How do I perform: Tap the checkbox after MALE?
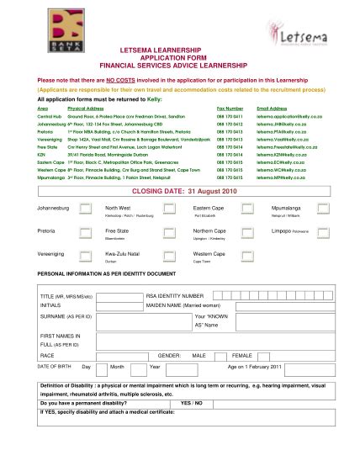(220, 356)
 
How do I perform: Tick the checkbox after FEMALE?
(269, 356)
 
